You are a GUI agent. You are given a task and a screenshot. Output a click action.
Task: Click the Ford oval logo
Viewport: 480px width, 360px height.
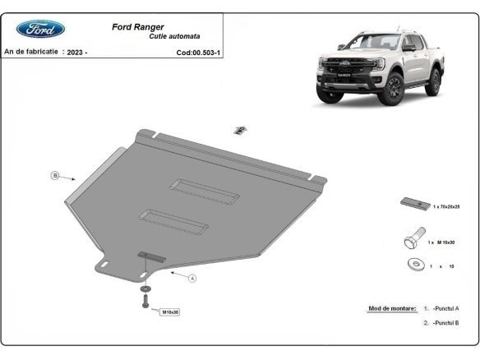pos(40,29)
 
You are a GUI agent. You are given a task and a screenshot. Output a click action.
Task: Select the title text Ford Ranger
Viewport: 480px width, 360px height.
pos(137,26)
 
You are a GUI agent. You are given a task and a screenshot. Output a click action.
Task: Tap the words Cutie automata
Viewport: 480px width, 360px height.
pos(173,37)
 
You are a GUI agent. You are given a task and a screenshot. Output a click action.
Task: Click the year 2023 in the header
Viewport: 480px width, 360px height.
pos(77,52)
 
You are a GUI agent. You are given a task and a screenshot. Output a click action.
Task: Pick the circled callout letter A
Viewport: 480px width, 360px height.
pos(192,279)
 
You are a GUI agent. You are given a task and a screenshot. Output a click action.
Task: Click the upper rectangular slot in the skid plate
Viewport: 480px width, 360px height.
pos(205,190)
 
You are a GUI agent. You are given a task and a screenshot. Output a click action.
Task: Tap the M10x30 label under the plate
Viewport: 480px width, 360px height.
pos(170,312)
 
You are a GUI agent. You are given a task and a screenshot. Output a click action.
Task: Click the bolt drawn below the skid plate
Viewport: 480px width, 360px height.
pos(145,302)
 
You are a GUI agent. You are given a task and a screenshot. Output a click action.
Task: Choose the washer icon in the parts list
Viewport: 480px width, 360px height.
pos(416,265)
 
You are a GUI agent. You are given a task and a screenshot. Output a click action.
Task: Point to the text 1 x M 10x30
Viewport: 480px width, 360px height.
pos(443,243)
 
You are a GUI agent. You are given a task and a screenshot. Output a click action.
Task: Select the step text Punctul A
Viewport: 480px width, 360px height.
pos(445,308)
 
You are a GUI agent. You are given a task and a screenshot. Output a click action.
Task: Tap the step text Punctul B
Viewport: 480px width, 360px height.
pos(445,324)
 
